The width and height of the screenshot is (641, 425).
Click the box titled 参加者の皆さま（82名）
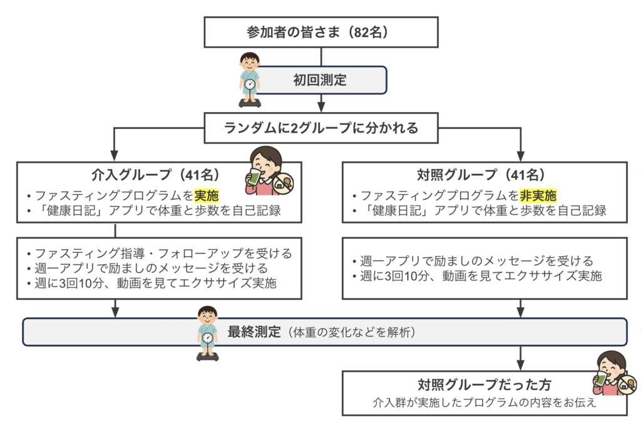coord(320,32)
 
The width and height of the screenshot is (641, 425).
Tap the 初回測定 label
coord(320,80)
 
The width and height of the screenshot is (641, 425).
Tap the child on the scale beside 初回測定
coord(249,79)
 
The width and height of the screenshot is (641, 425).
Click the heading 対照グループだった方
coord(485,384)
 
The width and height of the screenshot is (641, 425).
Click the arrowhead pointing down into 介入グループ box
coord(115,156)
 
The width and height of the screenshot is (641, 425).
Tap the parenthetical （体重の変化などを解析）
coord(349,332)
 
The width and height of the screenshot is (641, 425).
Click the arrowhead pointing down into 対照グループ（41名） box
coord(520,156)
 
